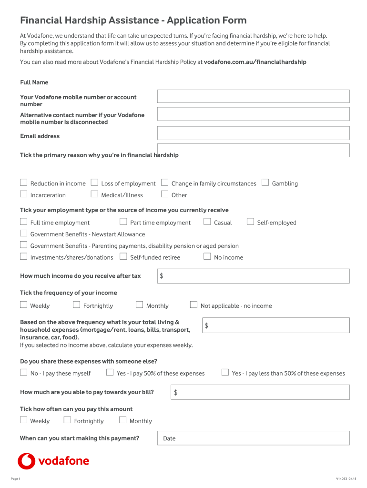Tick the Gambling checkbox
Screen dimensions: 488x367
pos(265,183)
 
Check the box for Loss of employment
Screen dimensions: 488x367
pos(94,183)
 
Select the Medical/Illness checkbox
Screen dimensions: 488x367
pos(94,194)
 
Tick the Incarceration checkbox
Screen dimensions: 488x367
pos(23,194)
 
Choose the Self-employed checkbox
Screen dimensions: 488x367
pos(250,222)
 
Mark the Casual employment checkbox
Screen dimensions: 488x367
pos(207,222)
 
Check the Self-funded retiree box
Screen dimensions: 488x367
pos(123,256)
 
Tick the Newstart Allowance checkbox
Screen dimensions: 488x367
pos(23,233)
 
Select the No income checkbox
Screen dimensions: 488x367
pos(207,256)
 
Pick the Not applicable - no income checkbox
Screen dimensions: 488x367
pos(194,305)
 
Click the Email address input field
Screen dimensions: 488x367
pos(253,133)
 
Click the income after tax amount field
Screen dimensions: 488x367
pos(253,276)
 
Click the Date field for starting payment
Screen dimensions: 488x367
pos(253,438)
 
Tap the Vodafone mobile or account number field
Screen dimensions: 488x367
pos(253,96)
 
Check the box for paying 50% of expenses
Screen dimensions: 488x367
pos(110,372)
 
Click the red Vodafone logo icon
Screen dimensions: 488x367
pos(27,461)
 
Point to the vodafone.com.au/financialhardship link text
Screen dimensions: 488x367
pos(255,62)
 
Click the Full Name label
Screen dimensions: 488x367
pos(34,82)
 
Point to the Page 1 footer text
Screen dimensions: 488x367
pos(15,478)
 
